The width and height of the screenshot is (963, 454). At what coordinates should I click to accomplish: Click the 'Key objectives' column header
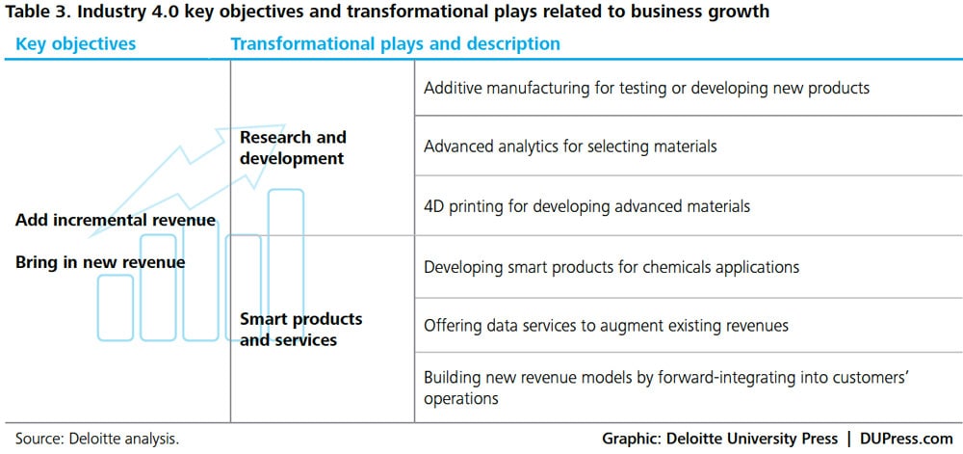click(x=75, y=44)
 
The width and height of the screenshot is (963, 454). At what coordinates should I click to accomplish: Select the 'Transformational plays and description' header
click(x=395, y=44)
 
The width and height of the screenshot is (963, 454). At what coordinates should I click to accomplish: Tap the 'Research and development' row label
click(x=293, y=147)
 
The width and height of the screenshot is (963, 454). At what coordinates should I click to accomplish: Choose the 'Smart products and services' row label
click(x=300, y=330)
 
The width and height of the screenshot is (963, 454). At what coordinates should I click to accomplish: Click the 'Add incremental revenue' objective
click(x=116, y=220)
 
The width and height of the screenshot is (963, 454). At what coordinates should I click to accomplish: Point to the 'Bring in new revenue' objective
click(x=100, y=262)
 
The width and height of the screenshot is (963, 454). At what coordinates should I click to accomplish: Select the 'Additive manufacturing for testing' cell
click(x=647, y=88)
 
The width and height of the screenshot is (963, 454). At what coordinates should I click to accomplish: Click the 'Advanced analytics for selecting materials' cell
click(x=570, y=147)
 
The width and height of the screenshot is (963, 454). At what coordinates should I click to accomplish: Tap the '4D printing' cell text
click(x=587, y=206)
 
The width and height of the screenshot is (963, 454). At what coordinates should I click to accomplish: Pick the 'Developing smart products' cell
click(x=612, y=267)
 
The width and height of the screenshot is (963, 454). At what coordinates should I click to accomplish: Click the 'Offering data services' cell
click(x=606, y=325)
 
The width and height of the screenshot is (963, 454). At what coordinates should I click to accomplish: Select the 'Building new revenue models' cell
click(x=666, y=387)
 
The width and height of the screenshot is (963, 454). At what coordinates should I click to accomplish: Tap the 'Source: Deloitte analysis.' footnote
click(x=97, y=439)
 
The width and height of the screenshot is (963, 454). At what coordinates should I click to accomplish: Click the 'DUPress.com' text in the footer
click(x=907, y=439)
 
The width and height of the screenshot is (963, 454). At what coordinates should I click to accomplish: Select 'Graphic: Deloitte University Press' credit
click(x=719, y=439)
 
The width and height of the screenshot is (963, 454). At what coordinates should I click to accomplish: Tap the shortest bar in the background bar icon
click(x=115, y=307)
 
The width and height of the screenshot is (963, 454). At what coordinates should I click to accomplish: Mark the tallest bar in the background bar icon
click(x=286, y=264)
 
